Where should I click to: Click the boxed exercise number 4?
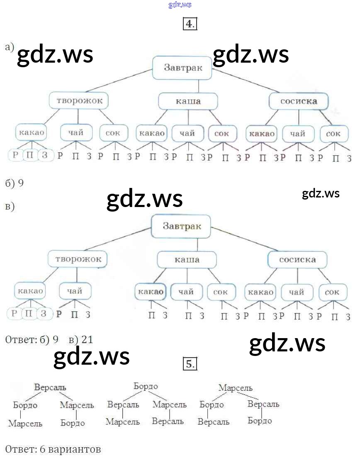[190, 24]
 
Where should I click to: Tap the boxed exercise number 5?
[190, 364]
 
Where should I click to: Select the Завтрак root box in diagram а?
[182, 68]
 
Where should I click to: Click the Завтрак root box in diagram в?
[182, 226]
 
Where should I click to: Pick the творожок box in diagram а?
[79, 101]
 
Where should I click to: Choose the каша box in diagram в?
[187, 260]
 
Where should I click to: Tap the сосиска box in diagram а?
[299, 101]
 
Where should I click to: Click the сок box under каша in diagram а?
[222, 134]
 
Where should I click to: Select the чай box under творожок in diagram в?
[74, 291]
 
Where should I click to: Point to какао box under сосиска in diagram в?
[260, 292]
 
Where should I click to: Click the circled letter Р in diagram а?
[15, 156]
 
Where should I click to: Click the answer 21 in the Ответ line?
[87, 340]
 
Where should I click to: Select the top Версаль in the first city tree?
[50, 387]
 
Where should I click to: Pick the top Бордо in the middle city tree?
[146, 387]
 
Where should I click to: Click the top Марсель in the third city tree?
[236, 388]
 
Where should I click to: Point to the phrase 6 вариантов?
[68, 449]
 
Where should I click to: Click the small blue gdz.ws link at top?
[180, 5]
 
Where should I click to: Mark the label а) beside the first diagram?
[9, 47]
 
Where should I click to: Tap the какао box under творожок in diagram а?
[31, 133]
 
